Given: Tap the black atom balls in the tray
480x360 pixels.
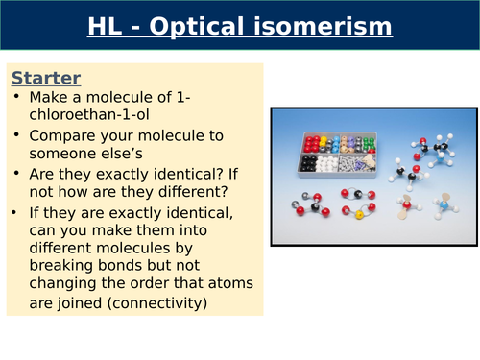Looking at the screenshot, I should tap(311, 163).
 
